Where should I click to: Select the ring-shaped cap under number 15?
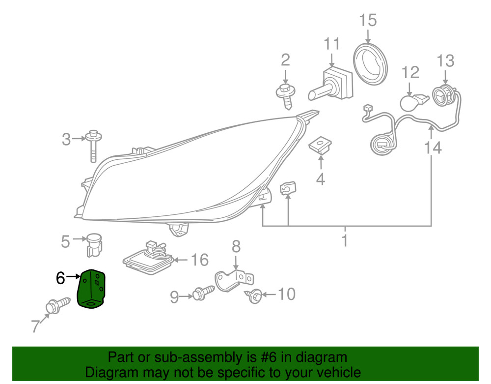[370, 64]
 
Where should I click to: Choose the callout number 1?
[345, 241]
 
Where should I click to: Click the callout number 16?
[199, 260]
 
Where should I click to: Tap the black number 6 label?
[60, 278]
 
